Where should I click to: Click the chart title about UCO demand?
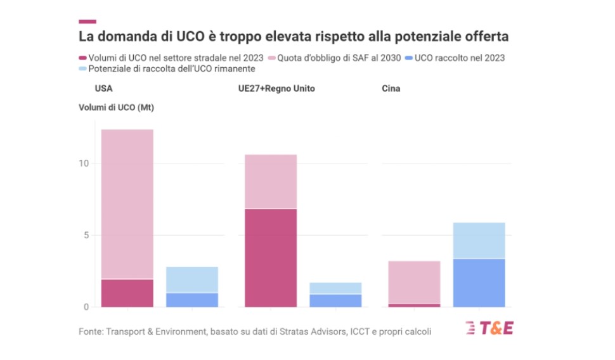[293, 37]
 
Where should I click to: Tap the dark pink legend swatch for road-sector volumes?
[82, 58]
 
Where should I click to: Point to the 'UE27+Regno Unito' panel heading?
[272, 89]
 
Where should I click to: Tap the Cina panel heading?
[391, 89]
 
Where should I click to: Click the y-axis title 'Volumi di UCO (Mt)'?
[117, 107]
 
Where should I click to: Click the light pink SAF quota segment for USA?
[127, 203]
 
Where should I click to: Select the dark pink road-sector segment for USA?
[127, 293]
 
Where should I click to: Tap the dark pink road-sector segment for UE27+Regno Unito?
[271, 257]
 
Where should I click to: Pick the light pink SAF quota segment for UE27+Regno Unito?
[271, 181]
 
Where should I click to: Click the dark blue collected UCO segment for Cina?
[479, 283]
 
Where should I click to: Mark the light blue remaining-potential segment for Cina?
[479, 240]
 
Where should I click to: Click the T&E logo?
[489, 329]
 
